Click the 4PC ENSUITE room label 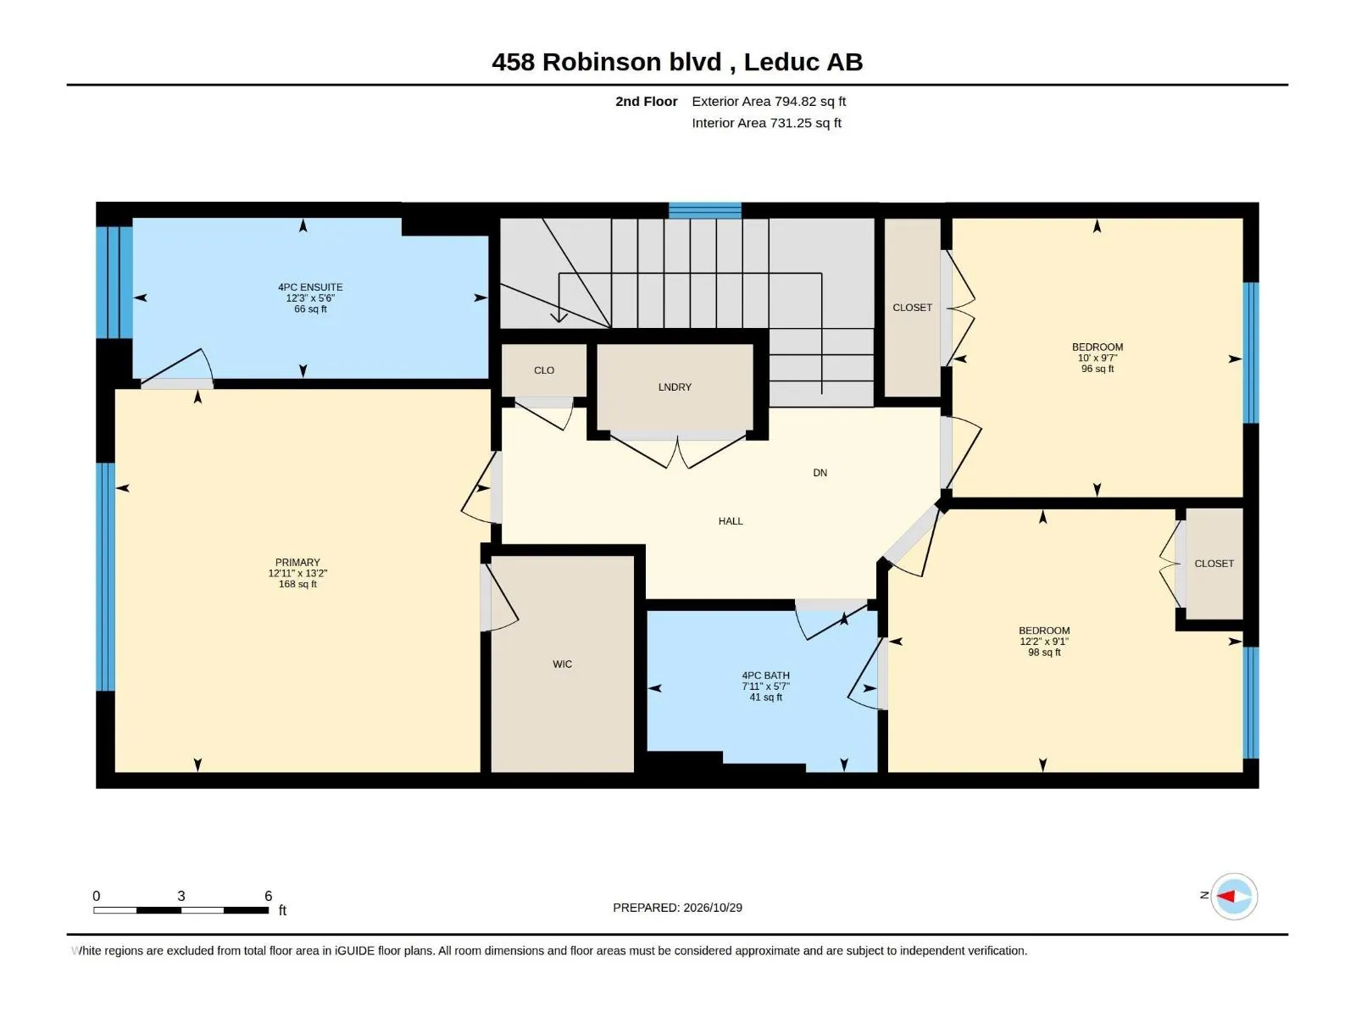tap(310, 287)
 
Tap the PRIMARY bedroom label tap(297, 563)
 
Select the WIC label tap(562, 664)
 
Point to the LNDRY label tap(675, 387)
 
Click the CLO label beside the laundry tap(544, 370)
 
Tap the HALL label tap(731, 521)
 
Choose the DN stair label tap(820, 473)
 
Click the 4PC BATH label tap(765, 675)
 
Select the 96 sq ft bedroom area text tap(1098, 369)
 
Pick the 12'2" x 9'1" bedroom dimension tap(1044, 642)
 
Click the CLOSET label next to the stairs tap(913, 308)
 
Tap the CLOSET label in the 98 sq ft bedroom tap(1214, 564)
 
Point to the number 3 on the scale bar tap(181, 896)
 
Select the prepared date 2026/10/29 tap(712, 908)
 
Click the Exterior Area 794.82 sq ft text tap(769, 101)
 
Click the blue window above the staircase tap(705, 210)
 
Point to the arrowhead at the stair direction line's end tap(559, 317)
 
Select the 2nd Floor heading tap(646, 101)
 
